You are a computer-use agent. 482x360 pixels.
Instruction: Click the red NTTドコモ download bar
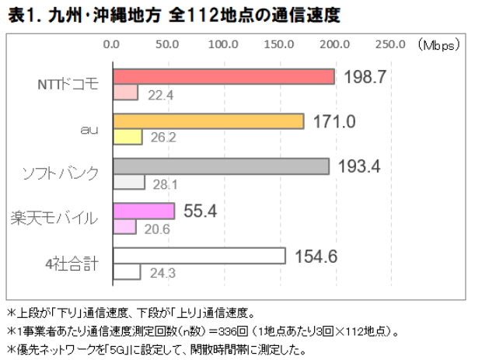point(224,76)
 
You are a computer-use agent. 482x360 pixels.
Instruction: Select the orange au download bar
point(208,121)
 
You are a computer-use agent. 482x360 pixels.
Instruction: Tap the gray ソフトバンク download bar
point(221,166)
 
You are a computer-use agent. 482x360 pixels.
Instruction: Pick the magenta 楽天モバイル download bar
point(144,211)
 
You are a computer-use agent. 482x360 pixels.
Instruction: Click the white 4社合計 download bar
point(199,256)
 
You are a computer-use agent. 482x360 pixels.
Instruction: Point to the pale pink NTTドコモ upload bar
point(125,93)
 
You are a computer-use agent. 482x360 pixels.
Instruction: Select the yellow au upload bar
point(127,138)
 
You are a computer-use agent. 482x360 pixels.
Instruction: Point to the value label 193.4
point(360,166)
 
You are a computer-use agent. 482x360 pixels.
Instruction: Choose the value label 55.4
point(199,211)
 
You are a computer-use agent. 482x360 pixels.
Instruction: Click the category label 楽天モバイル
point(55,218)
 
